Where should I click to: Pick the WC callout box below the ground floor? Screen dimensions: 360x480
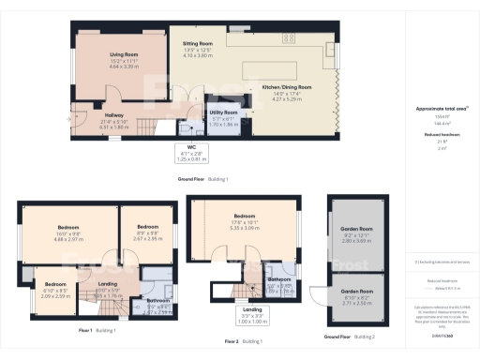click(x=189, y=156)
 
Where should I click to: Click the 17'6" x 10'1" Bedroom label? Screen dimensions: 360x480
click(x=244, y=221)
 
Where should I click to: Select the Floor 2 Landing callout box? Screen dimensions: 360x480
click(x=252, y=312)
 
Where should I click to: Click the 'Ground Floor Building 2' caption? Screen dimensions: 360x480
click(x=349, y=336)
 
